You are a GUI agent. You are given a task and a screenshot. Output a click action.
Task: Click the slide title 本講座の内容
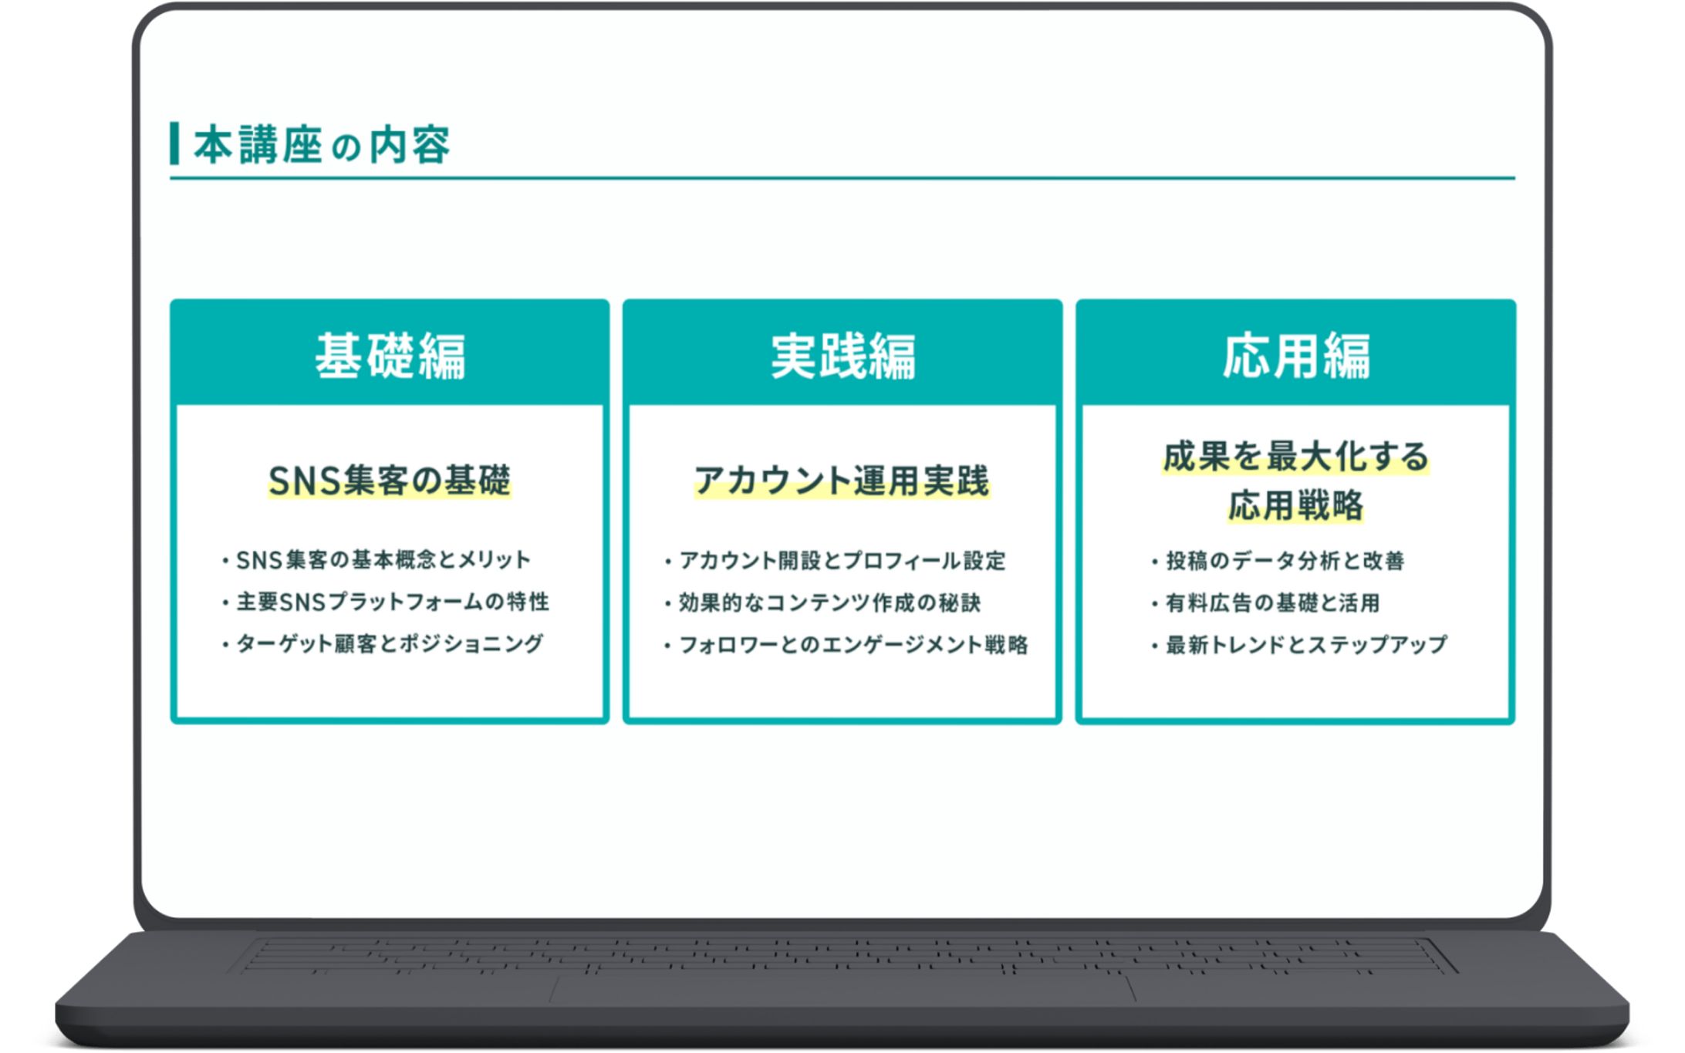321,144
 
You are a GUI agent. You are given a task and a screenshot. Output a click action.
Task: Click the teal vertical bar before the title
174,143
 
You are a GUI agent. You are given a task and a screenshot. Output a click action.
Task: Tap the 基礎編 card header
390,355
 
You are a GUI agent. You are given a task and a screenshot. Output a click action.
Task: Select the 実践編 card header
842,355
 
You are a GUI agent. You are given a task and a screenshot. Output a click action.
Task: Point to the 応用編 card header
1295,355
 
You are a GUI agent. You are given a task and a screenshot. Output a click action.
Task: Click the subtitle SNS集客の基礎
390,481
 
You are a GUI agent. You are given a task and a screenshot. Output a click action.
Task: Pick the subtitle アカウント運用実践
842,481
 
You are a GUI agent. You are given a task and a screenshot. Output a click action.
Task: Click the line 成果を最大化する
1295,457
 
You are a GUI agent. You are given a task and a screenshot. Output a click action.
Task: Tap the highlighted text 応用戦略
1295,506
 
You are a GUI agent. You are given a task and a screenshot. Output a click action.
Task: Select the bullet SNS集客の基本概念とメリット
383,560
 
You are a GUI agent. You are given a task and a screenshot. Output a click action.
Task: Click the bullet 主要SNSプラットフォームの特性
392,602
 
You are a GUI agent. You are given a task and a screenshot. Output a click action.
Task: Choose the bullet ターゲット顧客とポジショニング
389,643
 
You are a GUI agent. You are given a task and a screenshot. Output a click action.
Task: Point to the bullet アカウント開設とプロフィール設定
842,561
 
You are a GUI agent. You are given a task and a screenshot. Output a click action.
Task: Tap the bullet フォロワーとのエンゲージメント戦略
853,644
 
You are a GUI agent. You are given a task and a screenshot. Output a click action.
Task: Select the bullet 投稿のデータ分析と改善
1284,561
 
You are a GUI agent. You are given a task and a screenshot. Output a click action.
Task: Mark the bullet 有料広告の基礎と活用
1271,602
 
